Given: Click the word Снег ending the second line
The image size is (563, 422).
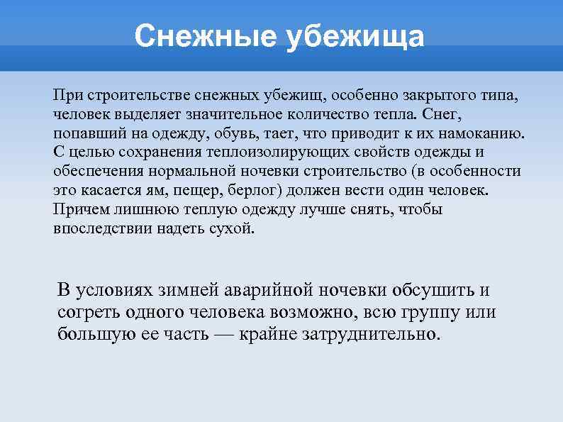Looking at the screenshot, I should click(x=447, y=114).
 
